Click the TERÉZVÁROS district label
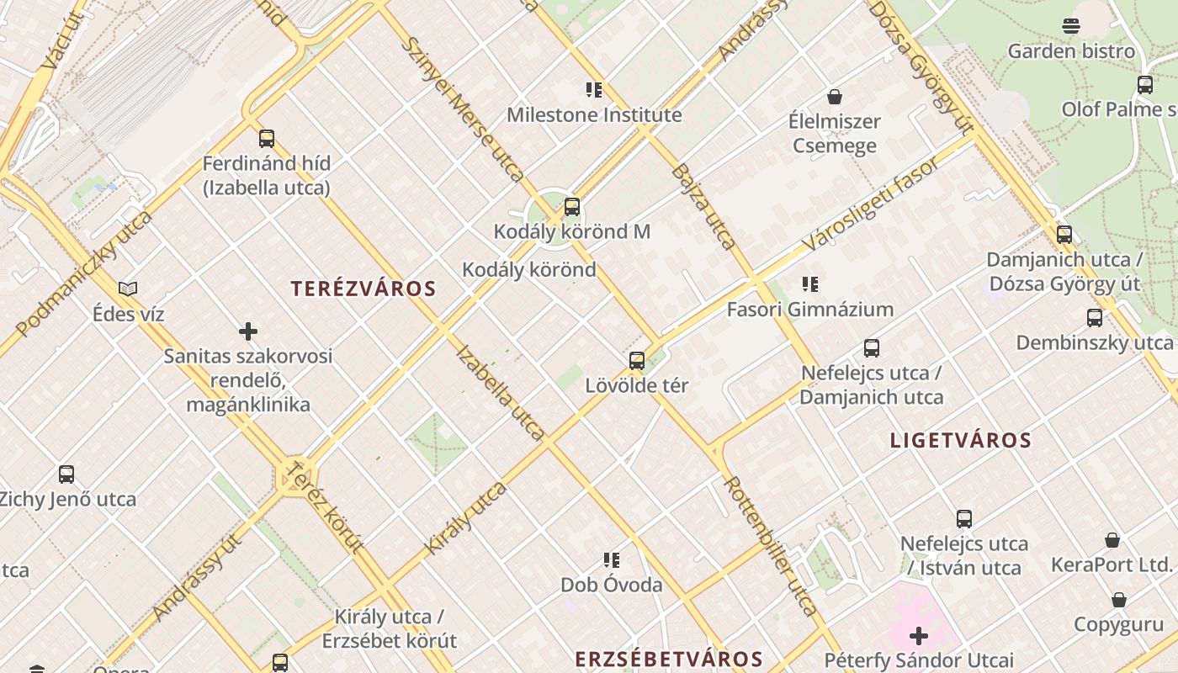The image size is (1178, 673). point(363,289)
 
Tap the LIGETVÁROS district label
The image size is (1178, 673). point(961,440)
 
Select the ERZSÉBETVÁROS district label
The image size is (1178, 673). point(669,659)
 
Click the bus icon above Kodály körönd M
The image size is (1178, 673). point(572,206)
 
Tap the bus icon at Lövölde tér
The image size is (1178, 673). point(637,361)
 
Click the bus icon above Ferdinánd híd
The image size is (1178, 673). point(267,139)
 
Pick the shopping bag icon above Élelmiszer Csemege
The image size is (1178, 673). point(835,97)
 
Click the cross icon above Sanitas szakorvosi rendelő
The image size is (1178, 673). point(248,331)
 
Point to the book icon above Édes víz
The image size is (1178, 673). point(128,289)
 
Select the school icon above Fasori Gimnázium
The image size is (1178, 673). point(810,284)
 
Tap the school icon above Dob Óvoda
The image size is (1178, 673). point(612,560)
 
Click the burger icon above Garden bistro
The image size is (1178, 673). point(1071,26)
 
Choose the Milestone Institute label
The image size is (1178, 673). point(594,114)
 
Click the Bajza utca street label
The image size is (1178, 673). point(703,206)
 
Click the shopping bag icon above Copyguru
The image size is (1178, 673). point(1119,600)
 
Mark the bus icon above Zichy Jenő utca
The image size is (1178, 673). point(66,474)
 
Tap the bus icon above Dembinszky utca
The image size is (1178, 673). point(1095,318)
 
